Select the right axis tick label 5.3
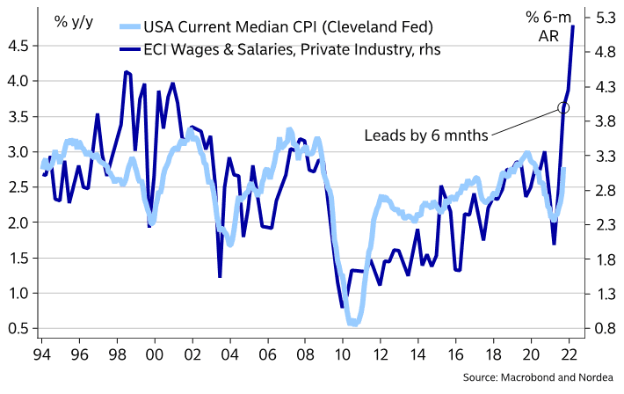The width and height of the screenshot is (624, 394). (603, 18)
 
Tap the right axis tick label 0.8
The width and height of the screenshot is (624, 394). (603, 329)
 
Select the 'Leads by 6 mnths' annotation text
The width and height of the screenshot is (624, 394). (425, 135)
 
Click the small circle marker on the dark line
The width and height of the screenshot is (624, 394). (563, 107)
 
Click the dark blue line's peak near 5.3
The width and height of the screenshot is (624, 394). (573, 26)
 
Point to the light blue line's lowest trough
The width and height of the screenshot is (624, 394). (353, 324)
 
